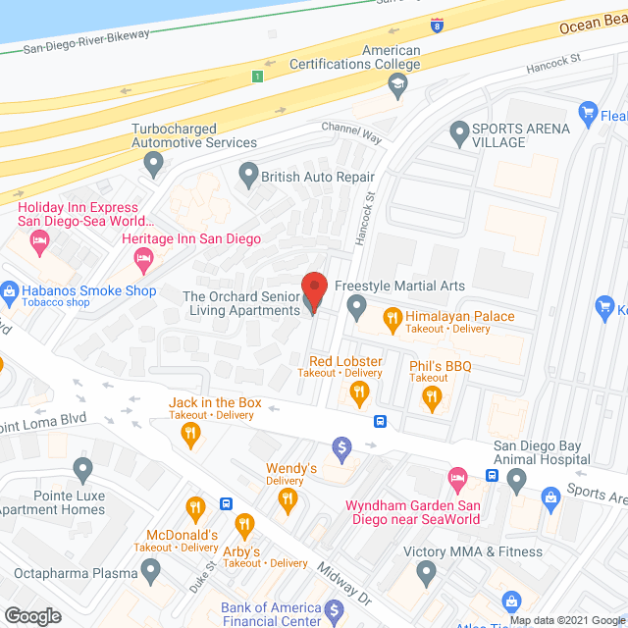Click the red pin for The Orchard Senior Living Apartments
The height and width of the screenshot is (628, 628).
tap(314, 291)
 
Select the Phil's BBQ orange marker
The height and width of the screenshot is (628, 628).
tap(430, 396)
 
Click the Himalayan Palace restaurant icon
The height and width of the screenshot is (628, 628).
tap(392, 316)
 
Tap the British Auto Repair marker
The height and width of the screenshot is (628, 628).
tap(247, 177)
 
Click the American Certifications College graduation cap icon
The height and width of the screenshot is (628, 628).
tap(396, 86)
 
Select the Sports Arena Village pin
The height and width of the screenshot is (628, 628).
tap(457, 131)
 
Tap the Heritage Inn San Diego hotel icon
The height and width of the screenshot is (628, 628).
tap(143, 259)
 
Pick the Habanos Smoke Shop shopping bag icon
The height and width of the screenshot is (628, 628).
tap(10, 290)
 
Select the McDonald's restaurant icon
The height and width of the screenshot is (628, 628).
tap(195, 508)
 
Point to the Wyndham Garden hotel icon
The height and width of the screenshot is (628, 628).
tap(457, 481)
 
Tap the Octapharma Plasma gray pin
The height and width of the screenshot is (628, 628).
tap(150, 569)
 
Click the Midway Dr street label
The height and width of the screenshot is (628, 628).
tap(343, 581)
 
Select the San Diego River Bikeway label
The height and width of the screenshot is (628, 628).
tap(86, 35)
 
